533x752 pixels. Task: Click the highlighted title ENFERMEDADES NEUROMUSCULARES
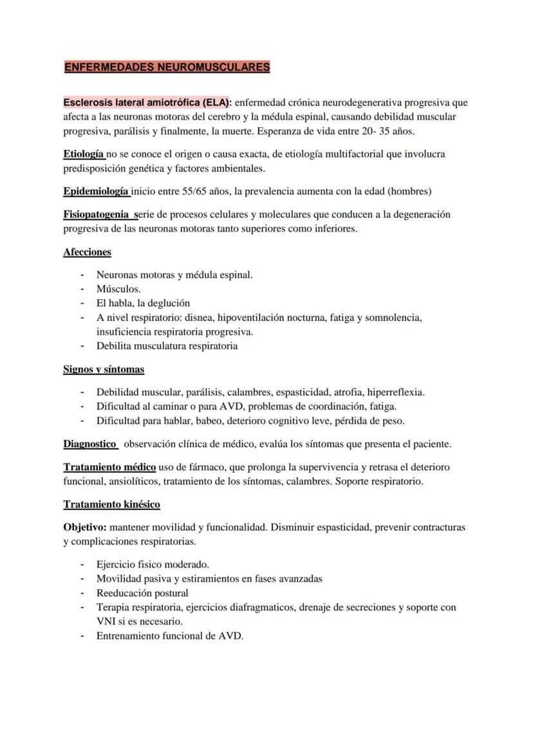[x=167, y=67]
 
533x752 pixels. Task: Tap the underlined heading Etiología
[x=84, y=154]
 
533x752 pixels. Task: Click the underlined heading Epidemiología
[x=96, y=191]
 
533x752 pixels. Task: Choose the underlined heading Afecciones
[x=87, y=252]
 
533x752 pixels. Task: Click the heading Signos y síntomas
[x=104, y=369]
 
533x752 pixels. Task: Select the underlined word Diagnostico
[x=89, y=444]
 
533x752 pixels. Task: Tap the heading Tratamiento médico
[x=109, y=467]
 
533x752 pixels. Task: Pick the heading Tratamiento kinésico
[x=111, y=504]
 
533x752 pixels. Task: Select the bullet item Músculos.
[x=118, y=289]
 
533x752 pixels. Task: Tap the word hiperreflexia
[x=395, y=392]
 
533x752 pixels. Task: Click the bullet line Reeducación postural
[x=142, y=593]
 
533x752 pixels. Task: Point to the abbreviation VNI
[x=106, y=621]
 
